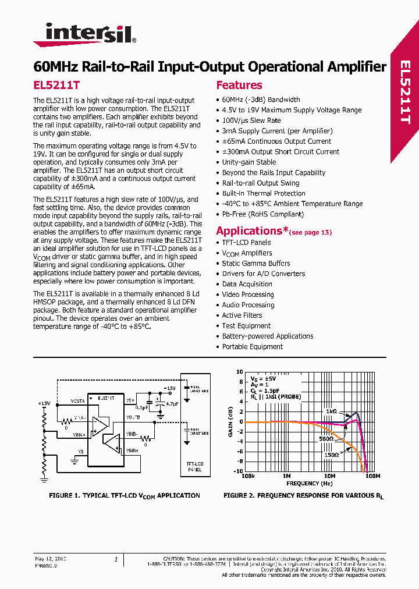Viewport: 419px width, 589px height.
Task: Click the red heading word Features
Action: point(239,85)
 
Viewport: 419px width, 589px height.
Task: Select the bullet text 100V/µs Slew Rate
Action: point(251,120)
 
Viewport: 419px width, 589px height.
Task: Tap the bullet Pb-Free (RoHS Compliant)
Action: point(262,214)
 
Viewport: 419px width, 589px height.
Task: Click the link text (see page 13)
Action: point(310,232)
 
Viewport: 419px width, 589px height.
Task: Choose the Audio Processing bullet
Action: point(248,305)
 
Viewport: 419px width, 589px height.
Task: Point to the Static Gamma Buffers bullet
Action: point(255,263)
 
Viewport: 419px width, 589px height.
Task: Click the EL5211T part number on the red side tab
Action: point(405,93)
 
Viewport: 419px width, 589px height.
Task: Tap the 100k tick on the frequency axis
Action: point(247,476)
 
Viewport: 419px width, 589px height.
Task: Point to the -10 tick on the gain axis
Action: point(239,471)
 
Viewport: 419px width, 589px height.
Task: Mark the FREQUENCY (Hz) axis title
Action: point(310,483)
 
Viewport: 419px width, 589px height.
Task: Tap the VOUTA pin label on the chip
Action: point(77,401)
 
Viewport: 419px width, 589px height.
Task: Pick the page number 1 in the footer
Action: point(116,559)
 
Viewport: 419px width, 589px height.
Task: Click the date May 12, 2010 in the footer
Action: point(51,559)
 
